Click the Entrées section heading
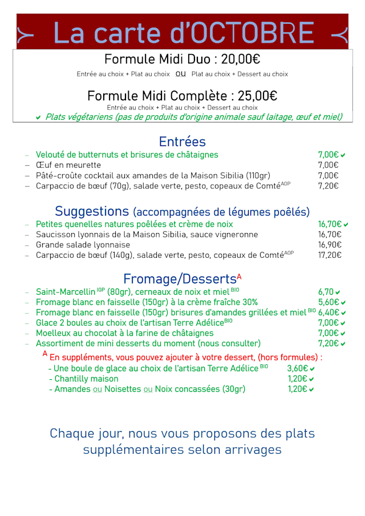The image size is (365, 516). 182,141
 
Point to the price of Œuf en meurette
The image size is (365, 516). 328,165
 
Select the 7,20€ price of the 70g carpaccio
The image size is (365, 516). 328,186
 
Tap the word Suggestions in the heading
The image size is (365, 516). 92,212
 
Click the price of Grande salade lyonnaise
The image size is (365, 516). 330,245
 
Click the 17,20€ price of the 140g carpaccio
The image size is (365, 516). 330,255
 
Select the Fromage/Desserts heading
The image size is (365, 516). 180,279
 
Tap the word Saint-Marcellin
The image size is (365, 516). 65,292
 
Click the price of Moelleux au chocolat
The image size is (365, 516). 328,333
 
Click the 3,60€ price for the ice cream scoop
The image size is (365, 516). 297,369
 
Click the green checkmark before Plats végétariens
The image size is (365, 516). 38,117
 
